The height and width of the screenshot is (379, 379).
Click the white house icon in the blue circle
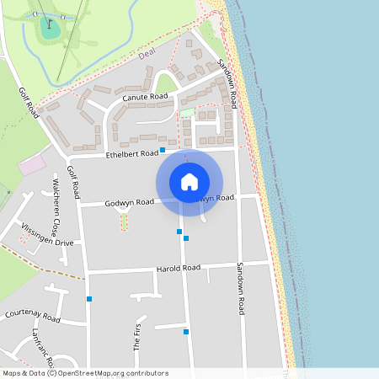point(189,182)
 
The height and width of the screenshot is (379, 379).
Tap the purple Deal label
point(147,55)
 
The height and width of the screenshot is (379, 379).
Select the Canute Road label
point(141,98)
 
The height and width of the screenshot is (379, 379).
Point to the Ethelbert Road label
point(132,154)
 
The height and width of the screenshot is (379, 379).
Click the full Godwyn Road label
point(129,203)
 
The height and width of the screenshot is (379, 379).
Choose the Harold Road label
point(178,269)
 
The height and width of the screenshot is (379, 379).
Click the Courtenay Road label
point(33,317)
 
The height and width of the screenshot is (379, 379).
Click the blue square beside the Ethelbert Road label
point(163,149)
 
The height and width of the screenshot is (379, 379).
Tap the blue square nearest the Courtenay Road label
point(88,299)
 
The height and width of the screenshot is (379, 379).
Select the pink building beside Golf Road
point(32,164)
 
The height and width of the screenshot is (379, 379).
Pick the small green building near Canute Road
point(187,112)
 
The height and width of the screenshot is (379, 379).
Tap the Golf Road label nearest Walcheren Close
point(74,183)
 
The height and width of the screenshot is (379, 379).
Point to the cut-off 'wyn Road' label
point(217,198)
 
